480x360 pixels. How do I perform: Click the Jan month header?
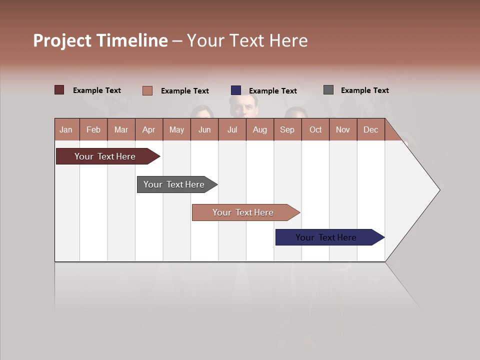(66, 129)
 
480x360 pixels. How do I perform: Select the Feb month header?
(93, 129)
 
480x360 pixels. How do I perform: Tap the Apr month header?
(148, 129)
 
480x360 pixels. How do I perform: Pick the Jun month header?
(204, 129)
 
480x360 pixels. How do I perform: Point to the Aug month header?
(259, 129)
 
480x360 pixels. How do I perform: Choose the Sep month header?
(287, 129)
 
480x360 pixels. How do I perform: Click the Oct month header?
(315, 129)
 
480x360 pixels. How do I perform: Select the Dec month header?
(370, 129)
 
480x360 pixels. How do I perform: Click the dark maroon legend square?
(59, 90)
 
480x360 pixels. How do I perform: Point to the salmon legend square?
(147, 90)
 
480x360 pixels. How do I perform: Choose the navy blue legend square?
(236, 90)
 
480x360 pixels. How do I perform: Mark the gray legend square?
(328, 90)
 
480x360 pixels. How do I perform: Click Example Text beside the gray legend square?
(364, 90)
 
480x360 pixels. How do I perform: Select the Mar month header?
(121, 129)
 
